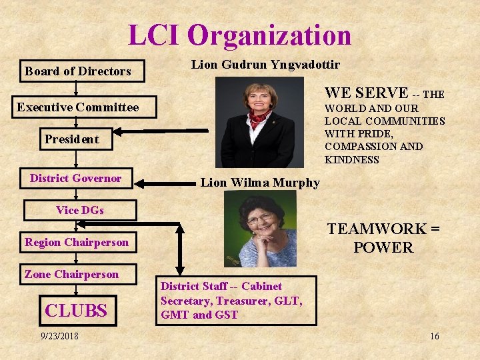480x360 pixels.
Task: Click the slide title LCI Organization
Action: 239,35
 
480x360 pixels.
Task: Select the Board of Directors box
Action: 78,71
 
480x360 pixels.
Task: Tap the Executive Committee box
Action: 78,107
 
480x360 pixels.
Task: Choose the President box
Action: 71,139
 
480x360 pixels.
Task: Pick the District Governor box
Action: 75,178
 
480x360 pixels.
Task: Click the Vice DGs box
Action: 80,210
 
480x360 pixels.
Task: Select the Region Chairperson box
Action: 77,242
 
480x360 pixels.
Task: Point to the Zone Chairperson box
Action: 71,274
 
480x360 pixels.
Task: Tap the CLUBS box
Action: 75,310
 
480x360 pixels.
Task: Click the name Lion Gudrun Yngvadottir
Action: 265,65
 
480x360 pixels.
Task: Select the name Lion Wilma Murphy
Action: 260,183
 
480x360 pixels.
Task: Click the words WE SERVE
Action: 366,93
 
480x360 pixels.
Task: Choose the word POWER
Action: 383,247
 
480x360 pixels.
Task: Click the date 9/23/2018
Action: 59,336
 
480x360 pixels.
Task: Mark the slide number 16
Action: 434,336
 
